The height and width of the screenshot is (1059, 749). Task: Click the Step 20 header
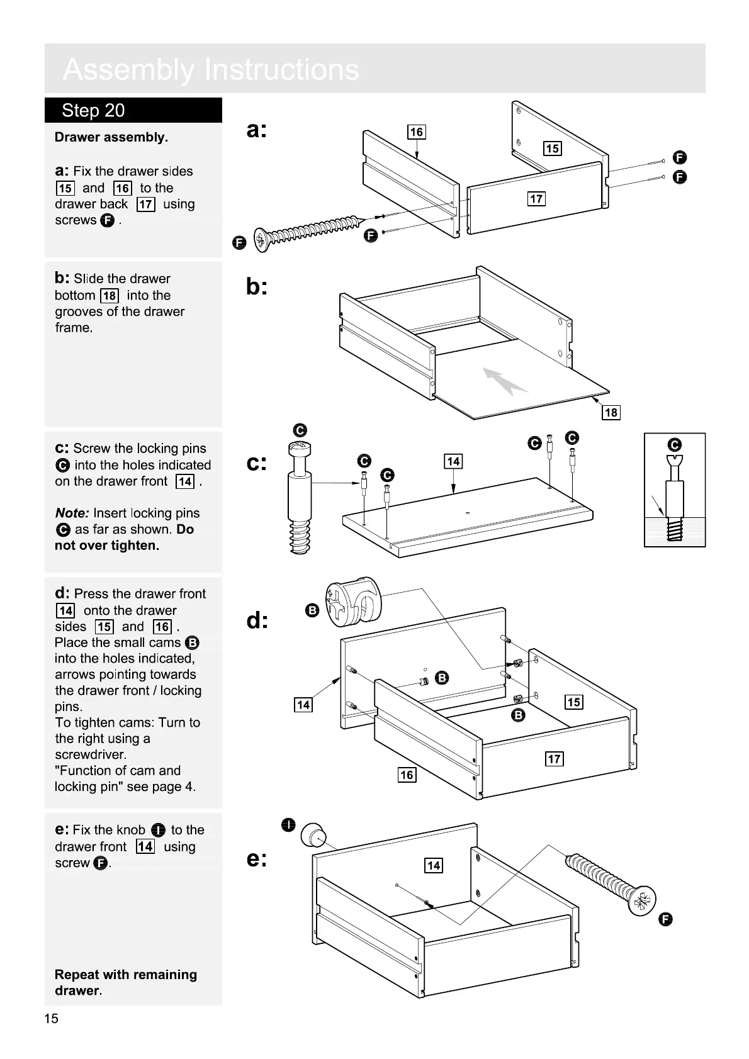(x=93, y=111)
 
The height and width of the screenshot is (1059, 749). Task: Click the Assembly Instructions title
(x=211, y=69)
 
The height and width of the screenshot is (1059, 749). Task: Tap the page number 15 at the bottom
(x=52, y=1019)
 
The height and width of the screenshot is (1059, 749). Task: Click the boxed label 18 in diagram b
(x=611, y=412)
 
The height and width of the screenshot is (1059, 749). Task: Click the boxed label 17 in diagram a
(x=536, y=199)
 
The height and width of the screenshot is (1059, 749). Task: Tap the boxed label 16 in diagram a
(x=417, y=132)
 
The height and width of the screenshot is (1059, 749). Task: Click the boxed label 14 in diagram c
(x=453, y=461)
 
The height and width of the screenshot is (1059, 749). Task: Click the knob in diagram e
(x=313, y=835)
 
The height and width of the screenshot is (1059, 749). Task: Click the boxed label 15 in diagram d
(x=573, y=702)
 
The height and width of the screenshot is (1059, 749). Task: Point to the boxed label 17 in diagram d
(x=554, y=758)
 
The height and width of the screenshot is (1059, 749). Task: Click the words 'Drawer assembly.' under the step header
(x=111, y=137)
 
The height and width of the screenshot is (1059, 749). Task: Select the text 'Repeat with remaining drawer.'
(x=126, y=982)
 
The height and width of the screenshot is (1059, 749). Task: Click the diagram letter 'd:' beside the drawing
(x=257, y=621)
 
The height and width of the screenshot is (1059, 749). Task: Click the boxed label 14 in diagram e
(x=434, y=865)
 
